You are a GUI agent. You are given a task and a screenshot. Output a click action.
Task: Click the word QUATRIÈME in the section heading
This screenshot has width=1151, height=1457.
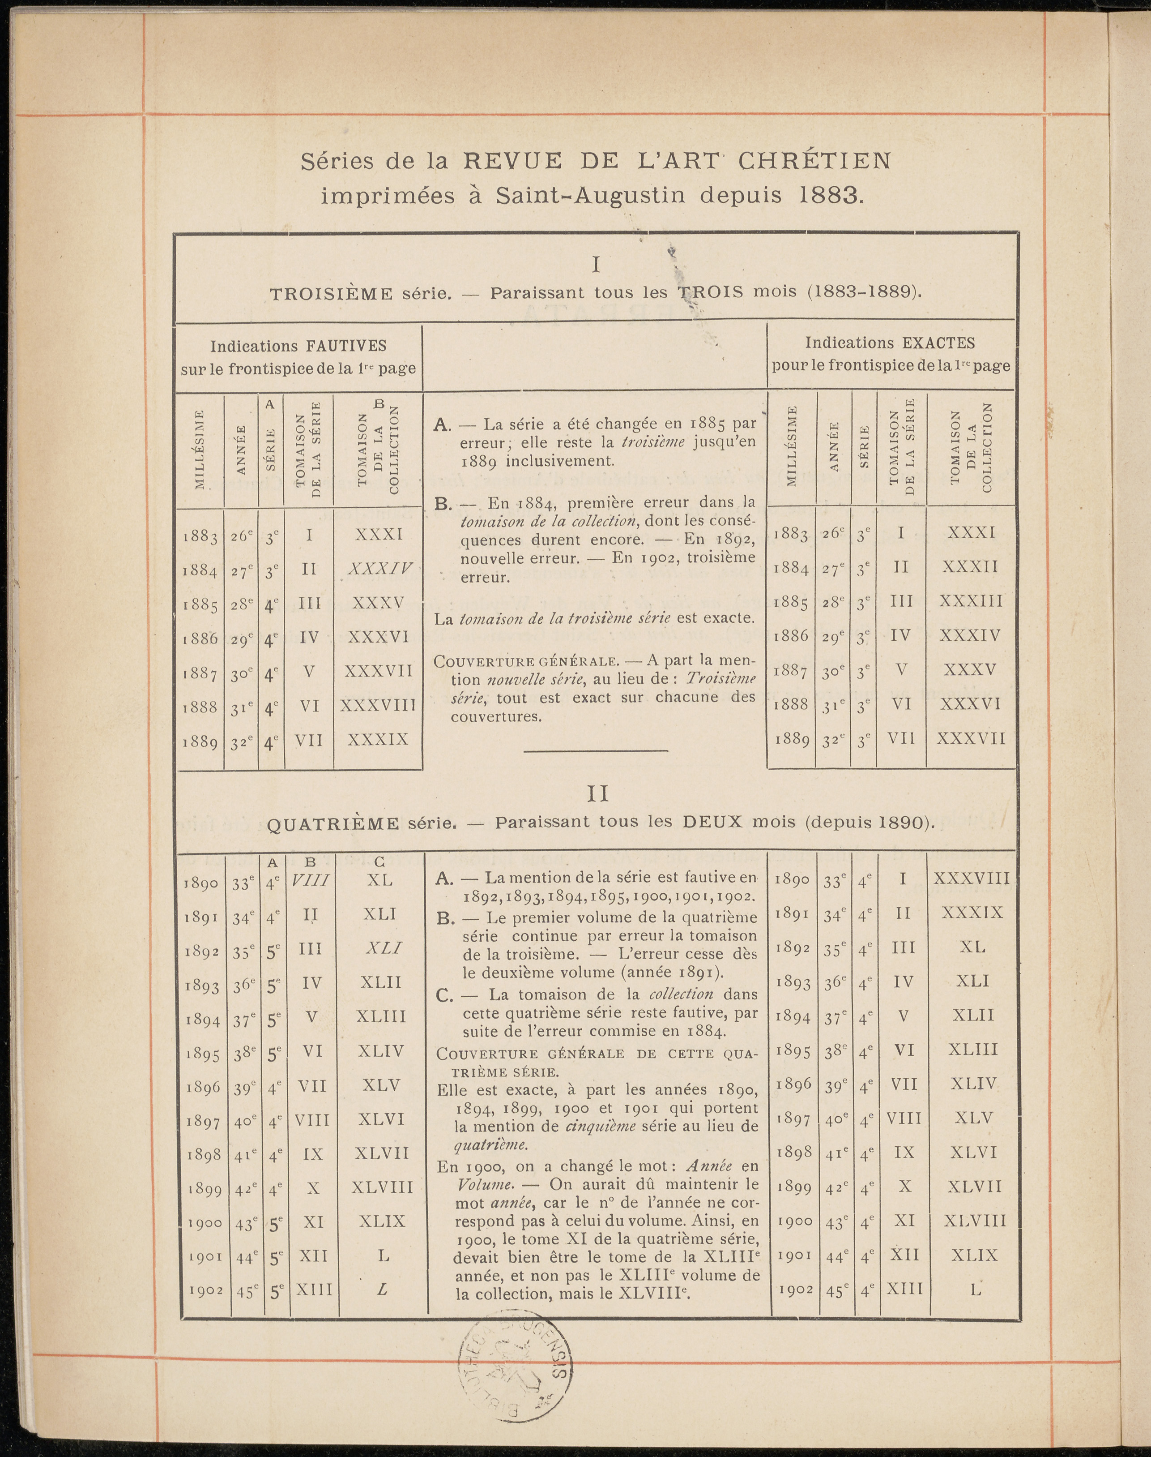(x=333, y=824)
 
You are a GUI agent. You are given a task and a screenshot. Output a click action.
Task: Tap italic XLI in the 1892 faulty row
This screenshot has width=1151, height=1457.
(x=383, y=948)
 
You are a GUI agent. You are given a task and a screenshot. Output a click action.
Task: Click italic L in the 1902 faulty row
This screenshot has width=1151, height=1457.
(x=382, y=1289)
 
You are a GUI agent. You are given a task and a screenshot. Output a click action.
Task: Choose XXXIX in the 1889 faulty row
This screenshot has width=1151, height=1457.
(x=378, y=740)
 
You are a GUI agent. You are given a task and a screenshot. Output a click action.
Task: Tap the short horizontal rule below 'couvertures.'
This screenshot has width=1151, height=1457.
(x=596, y=751)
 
